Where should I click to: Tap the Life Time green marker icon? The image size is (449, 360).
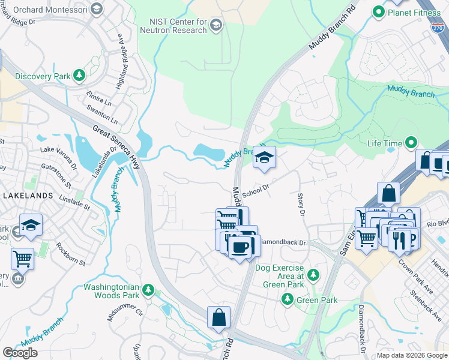pyautogui.click(x=411, y=143)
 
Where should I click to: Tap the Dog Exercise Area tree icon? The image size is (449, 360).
pyautogui.click(x=313, y=275)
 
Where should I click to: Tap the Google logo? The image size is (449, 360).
pyautogui.click(x=20, y=353)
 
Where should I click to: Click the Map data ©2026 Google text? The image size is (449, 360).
pyautogui.click(x=412, y=355)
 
